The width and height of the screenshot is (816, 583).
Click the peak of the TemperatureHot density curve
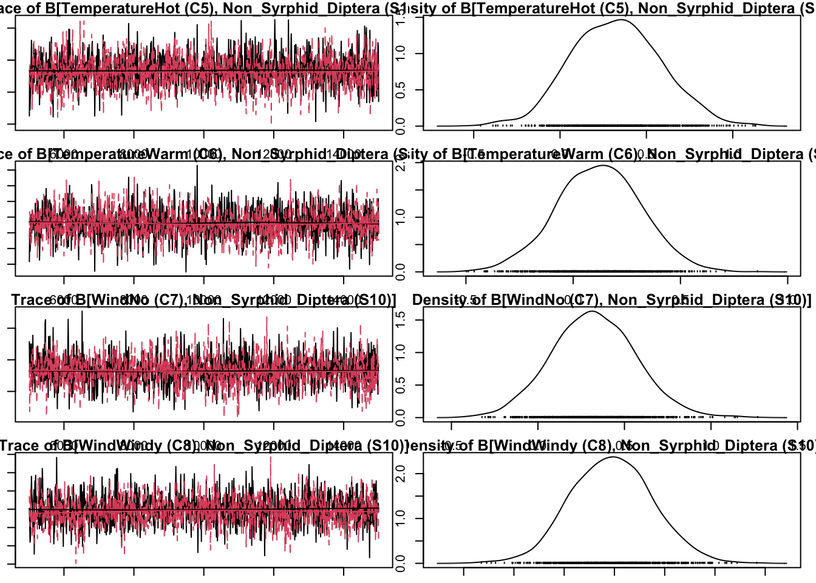(x=622, y=20)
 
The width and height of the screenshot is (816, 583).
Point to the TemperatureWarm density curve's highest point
(x=603, y=165)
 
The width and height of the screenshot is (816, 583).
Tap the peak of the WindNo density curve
(x=591, y=312)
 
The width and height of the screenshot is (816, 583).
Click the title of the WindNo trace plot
(x=203, y=300)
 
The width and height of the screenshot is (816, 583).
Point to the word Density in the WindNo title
(x=434, y=300)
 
